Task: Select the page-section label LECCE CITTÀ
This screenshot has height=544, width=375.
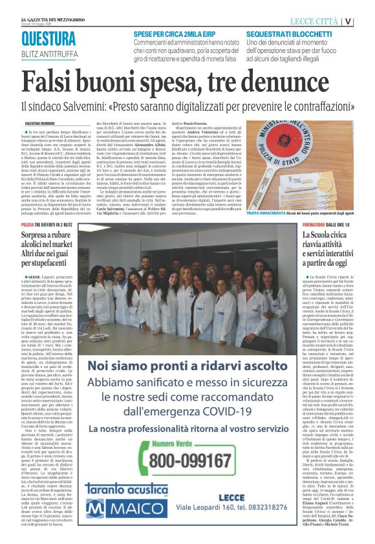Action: point(314,21)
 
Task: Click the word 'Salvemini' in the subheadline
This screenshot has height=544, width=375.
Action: point(90,104)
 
